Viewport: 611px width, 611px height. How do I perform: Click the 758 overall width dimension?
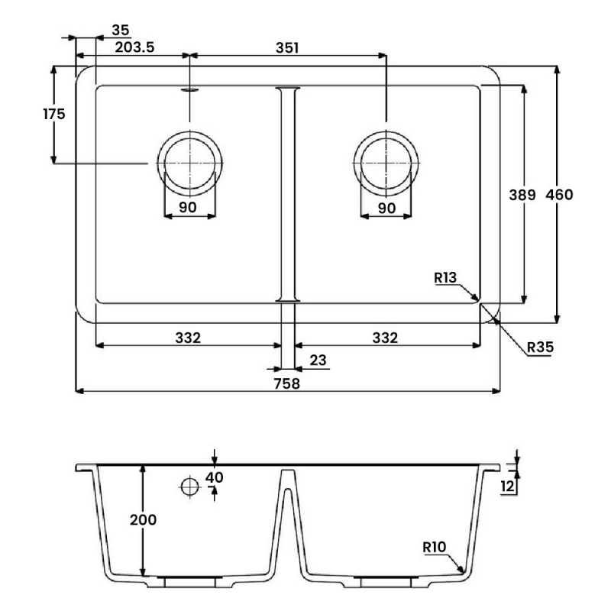287,384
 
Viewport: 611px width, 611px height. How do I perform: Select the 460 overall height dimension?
559,195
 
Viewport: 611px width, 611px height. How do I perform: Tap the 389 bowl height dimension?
522,195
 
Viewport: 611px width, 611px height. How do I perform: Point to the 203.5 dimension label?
134,47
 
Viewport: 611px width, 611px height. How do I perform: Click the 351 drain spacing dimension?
287,47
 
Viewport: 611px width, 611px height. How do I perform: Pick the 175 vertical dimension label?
54,114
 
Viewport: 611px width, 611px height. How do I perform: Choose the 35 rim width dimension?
121,30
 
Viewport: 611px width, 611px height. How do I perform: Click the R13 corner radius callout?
445,277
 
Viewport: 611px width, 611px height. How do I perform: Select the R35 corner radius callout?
540,347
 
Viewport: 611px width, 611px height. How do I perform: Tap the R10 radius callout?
435,547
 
